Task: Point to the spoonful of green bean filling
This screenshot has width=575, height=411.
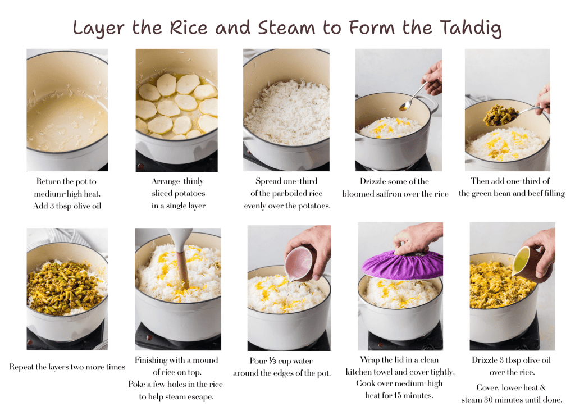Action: pos(500,115)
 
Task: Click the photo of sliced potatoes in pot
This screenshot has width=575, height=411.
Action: pos(176,109)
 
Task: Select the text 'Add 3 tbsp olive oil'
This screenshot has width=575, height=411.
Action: pos(66,205)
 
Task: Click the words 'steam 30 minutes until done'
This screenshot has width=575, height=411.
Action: pos(512,400)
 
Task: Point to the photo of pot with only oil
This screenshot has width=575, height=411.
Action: pos(67,109)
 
